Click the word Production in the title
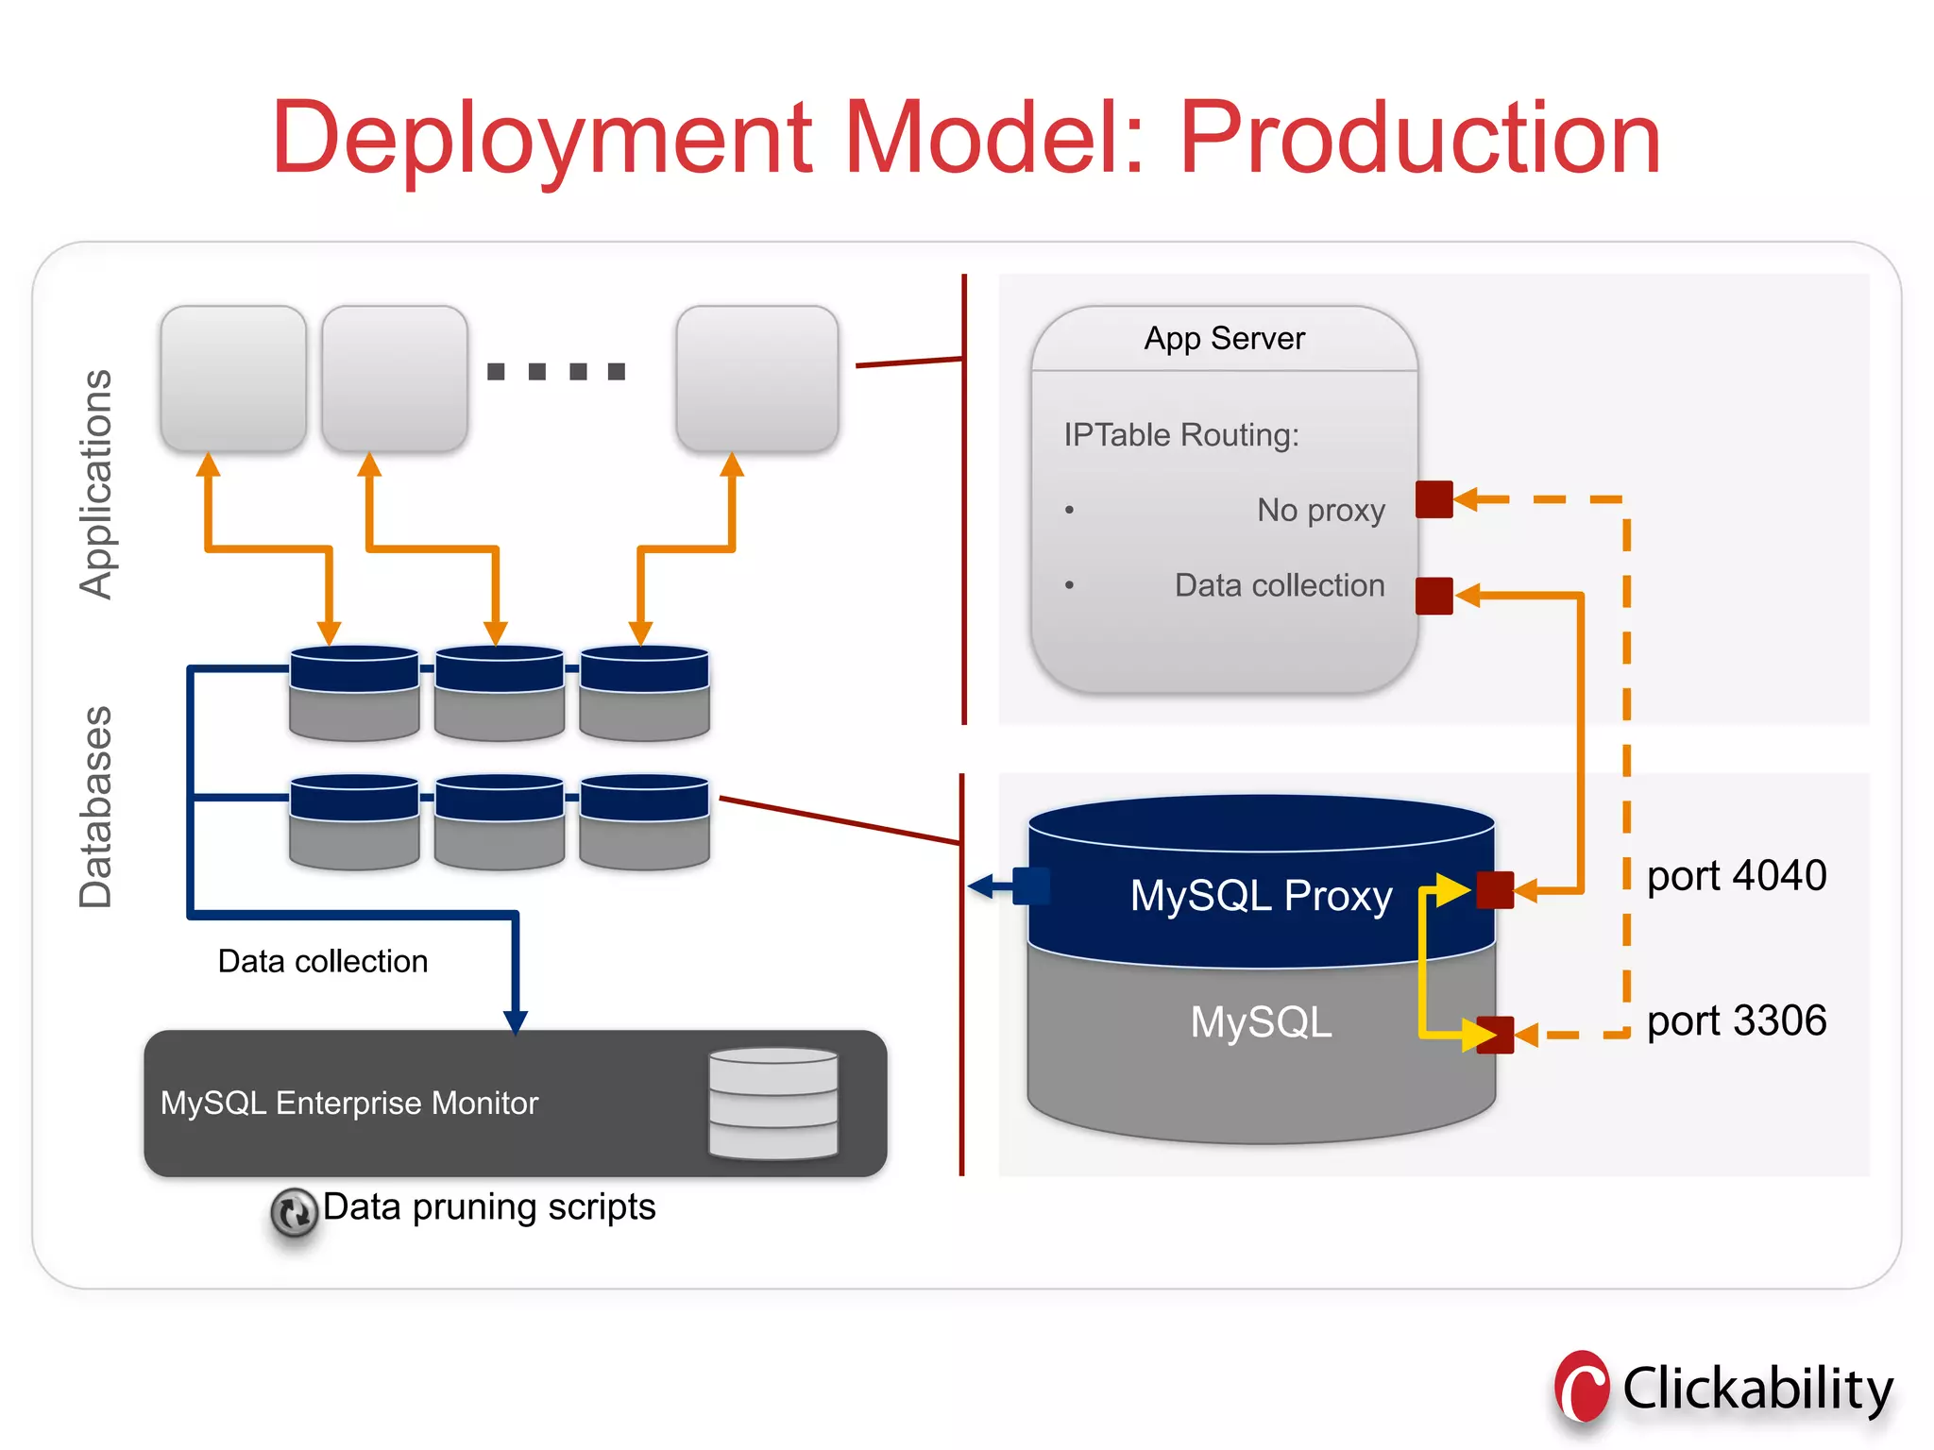pyautogui.click(x=1419, y=140)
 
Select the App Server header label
pyautogui.click(x=1224, y=338)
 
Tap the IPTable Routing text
pyautogui.click(x=1180, y=435)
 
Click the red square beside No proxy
pyautogui.click(x=1434, y=499)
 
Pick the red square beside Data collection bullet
pyautogui.click(x=1434, y=596)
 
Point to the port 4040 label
pyautogui.click(x=1736, y=876)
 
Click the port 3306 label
pyautogui.click(x=1736, y=1021)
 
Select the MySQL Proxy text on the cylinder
pyautogui.click(x=1261, y=896)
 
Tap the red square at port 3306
pyautogui.click(x=1495, y=1035)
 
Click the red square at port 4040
pyautogui.click(x=1495, y=889)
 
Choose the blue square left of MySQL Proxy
pyautogui.click(x=1031, y=886)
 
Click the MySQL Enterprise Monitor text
pyautogui.click(x=349, y=1103)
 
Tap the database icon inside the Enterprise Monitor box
pyautogui.click(x=772, y=1103)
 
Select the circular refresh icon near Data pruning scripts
pyautogui.click(x=294, y=1212)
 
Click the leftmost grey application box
pyautogui.click(x=233, y=378)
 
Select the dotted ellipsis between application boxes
pyautogui.click(x=556, y=371)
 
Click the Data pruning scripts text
pyautogui.click(x=489, y=1207)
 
